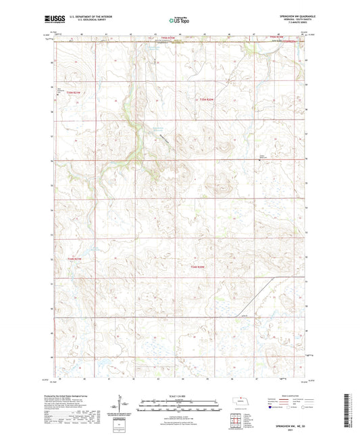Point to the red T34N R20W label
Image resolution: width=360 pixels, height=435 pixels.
point(197,267)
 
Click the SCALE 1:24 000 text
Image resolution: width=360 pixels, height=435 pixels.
point(180,395)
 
